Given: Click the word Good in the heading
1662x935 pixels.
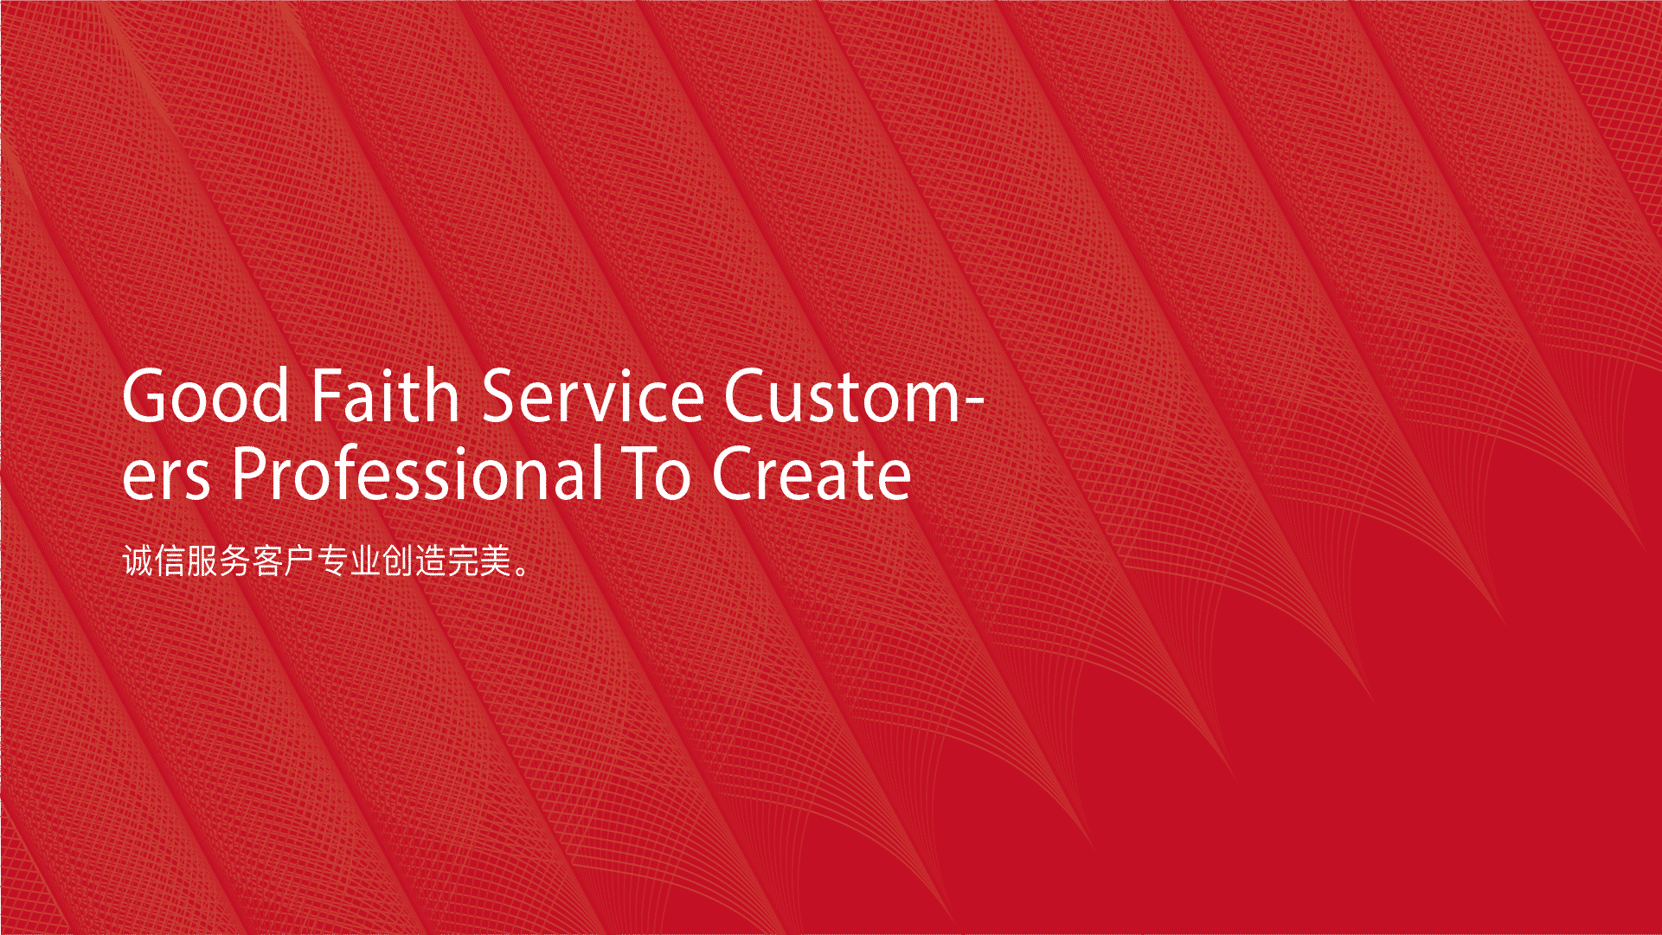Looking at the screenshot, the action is (x=206, y=396).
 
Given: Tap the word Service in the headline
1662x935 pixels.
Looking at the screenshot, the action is (x=593, y=395).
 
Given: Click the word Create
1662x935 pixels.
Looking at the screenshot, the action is (x=812, y=474).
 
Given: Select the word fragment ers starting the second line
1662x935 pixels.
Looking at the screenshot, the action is (x=166, y=480).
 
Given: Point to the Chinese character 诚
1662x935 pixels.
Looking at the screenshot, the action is (x=138, y=560).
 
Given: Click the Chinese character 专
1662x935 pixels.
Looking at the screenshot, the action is (x=332, y=560).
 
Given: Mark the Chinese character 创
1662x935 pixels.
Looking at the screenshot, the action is (x=397, y=560).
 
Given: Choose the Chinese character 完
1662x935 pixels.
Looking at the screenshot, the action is (x=463, y=560).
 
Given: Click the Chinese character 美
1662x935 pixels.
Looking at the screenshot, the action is (x=495, y=560).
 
